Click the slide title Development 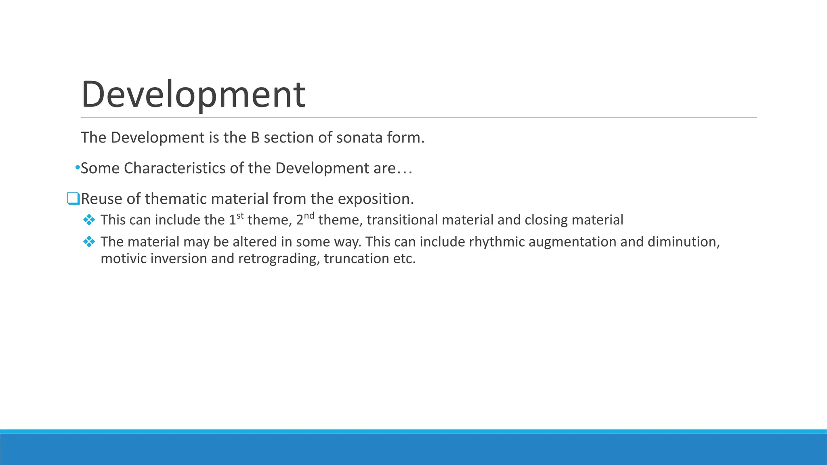[x=193, y=95]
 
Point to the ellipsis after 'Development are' [x=404, y=169]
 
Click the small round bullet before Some [x=78, y=168]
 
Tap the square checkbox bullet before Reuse [x=73, y=199]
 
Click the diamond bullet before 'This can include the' [x=89, y=220]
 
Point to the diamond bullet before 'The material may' [x=89, y=241]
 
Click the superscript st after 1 [x=240, y=216]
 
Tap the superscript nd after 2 [x=309, y=216]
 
